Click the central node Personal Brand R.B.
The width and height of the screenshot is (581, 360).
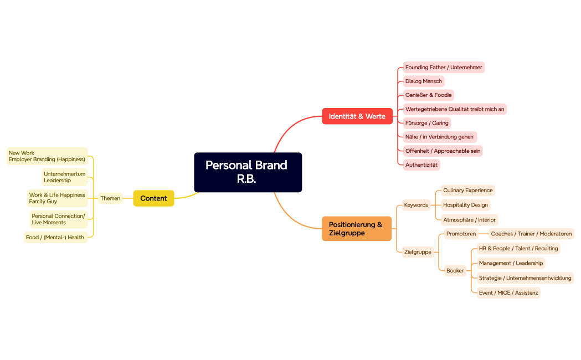[248, 172]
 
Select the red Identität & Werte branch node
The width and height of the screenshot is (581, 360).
[357, 116]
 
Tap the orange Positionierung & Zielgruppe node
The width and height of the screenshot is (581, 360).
[356, 229]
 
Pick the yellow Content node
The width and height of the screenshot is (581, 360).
[153, 198]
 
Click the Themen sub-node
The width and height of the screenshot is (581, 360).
[110, 198]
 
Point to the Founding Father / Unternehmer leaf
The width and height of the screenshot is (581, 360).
[444, 68]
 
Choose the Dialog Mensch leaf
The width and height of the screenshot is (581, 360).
[424, 81]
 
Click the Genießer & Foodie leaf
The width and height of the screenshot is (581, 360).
[428, 95]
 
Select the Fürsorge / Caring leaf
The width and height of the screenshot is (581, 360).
[426, 123]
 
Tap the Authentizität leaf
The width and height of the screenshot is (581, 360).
[421, 164]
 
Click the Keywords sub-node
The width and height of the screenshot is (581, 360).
[416, 205]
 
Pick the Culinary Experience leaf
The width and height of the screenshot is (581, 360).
[467, 191]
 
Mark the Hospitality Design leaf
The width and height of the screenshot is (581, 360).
[465, 205]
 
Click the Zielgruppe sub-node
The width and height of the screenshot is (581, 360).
[418, 252]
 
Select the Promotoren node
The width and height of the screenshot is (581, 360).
[461, 234]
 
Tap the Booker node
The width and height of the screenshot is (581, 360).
[455, 271]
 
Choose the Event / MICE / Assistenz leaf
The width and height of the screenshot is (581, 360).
[508, 292]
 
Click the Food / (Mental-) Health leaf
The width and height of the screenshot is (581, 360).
[55, 238]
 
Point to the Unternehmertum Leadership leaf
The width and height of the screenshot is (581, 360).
[65, 177]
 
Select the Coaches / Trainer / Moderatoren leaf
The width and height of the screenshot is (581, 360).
[531, 234]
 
